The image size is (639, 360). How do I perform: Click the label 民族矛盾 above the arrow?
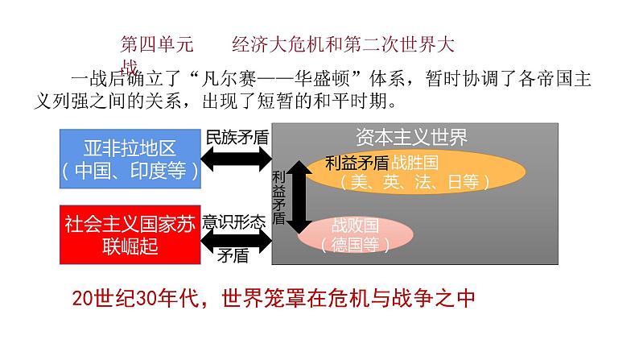(x=236, y=136)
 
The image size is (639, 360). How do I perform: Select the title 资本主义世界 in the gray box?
(x=411, y=137)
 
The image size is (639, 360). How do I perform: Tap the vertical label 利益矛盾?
(x=278, y=197)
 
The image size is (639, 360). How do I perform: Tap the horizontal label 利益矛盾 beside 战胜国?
(x=357, y=162)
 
